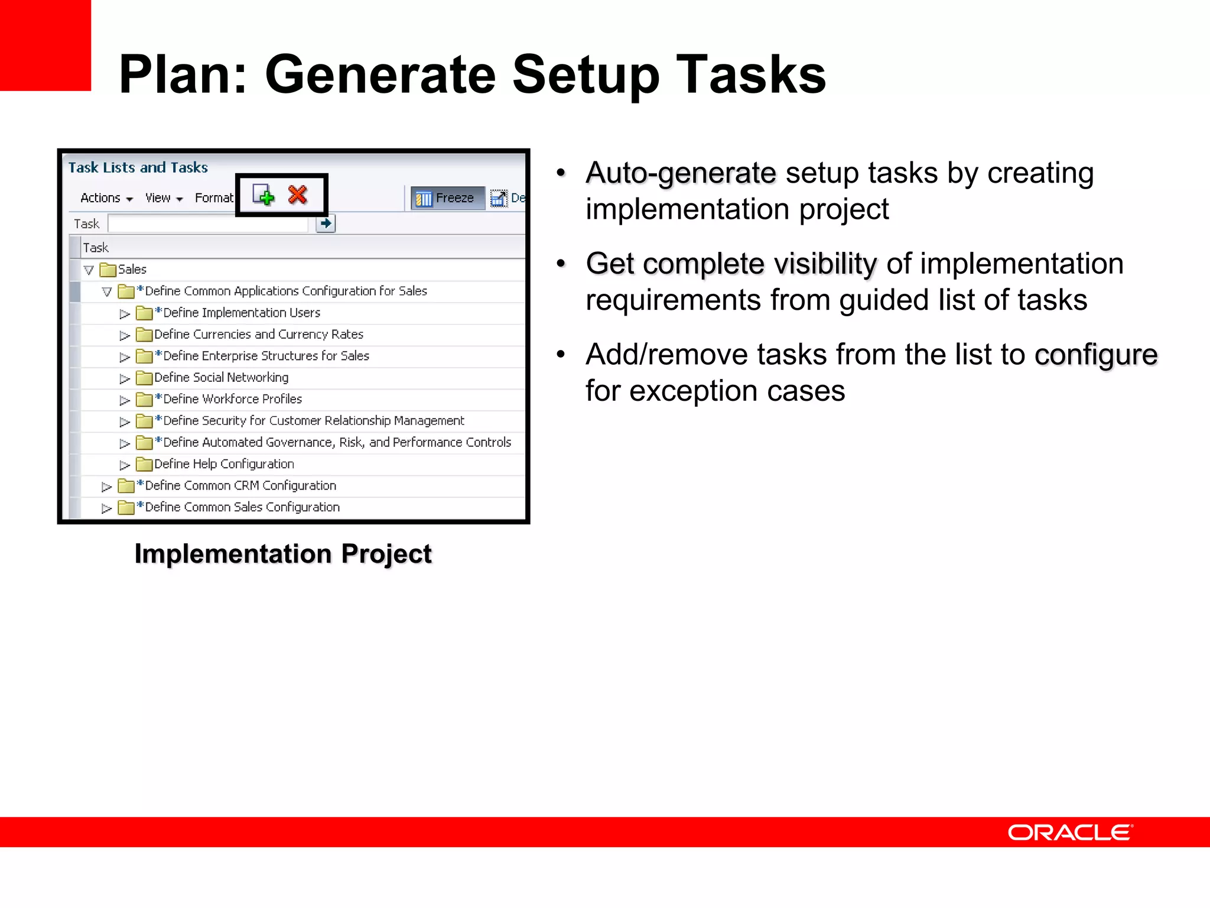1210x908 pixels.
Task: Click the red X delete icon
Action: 298,194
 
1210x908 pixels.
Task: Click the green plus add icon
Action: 264,194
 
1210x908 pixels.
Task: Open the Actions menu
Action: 106,198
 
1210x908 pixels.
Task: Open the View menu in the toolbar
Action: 163,198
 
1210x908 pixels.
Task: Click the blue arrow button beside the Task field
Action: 326,223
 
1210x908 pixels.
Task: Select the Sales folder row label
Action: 132,270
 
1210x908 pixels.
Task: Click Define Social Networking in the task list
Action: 221,378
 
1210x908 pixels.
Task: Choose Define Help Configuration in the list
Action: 224,464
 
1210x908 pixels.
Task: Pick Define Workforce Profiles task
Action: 232,399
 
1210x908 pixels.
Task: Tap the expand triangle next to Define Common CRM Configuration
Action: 106,487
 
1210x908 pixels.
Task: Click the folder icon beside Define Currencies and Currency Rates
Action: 144,335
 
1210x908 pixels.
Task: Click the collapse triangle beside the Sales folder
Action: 89,270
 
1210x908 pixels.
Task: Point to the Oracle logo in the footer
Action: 1070,832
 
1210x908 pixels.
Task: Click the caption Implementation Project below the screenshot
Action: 283,554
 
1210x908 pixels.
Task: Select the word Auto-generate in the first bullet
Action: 681,173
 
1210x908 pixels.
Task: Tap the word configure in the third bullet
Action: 1095,355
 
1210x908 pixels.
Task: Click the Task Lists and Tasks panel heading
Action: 138,168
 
